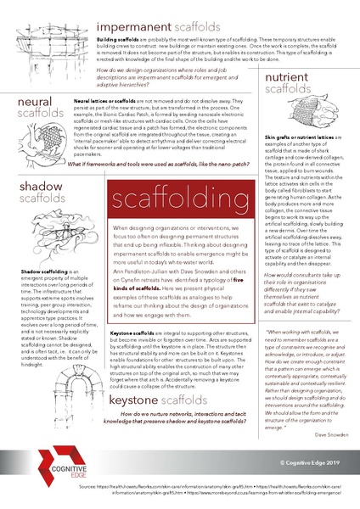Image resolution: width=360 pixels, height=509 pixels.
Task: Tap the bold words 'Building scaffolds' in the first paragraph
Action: [x=115, y=40]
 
